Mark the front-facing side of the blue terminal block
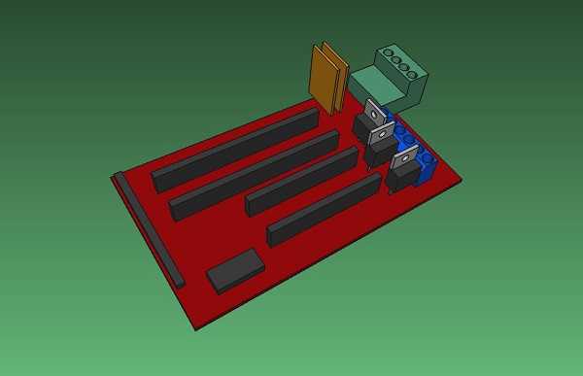click(427, 176)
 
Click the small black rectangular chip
click(235, 269)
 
